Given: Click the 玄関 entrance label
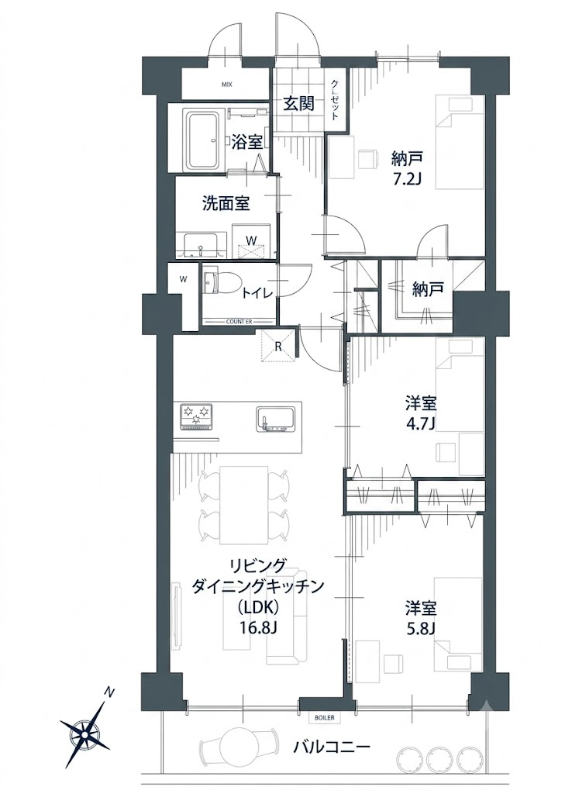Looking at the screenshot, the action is (x=298, y=104).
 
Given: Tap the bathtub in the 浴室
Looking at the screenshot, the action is (x=204, y=140).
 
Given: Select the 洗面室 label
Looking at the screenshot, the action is (x=226, y=204).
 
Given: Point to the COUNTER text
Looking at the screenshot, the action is (x=239, y=322).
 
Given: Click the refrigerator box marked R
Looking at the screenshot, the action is (x=278, y=347).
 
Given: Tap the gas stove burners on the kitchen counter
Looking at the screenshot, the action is (x=196, y=417).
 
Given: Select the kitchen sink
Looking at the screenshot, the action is (x=274, y=419).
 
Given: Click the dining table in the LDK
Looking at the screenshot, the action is (x=243, y=505).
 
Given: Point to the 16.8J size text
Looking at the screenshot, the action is (x=258, y=627).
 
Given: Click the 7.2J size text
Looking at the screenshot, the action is (x=407, y=179).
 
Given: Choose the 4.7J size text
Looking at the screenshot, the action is (x=421, y=422).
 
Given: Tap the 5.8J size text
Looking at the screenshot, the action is (x=421, y=627).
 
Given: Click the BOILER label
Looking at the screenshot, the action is (x=324, y=717).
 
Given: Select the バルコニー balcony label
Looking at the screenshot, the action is (x=332, y=747).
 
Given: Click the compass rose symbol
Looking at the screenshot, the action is (x=85, y=730).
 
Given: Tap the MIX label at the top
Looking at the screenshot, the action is (x=227, y=85).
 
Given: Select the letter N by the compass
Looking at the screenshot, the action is (x=108, y=691).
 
